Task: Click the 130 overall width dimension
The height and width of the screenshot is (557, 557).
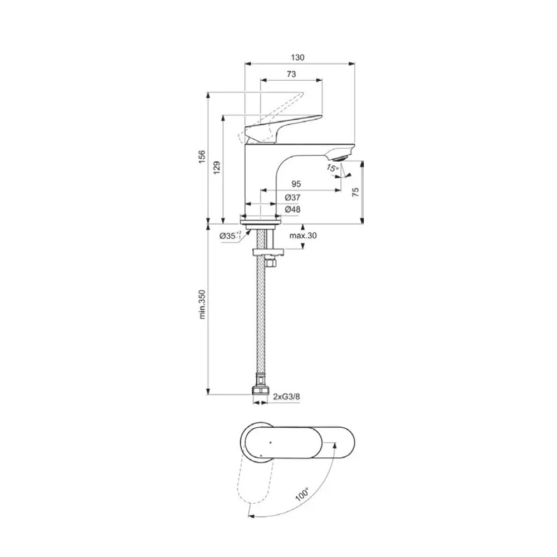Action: pos(299,57)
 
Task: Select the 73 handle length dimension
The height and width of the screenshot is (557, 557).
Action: pos(291,74)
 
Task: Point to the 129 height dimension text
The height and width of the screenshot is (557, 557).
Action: pos(217,168)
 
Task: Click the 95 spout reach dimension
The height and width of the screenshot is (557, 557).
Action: pos(296,184)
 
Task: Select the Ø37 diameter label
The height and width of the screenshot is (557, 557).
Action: pos(292,198)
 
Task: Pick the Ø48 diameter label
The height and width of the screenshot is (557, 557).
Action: pos(292,209)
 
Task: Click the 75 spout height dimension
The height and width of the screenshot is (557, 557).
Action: pos(355,190)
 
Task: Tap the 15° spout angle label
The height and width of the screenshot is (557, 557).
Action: pos(333,168)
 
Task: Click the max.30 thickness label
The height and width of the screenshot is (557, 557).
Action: pos(303,236)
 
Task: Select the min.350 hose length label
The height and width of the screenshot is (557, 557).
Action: pos(202,304)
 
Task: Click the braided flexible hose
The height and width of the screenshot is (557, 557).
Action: pos(260,323)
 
